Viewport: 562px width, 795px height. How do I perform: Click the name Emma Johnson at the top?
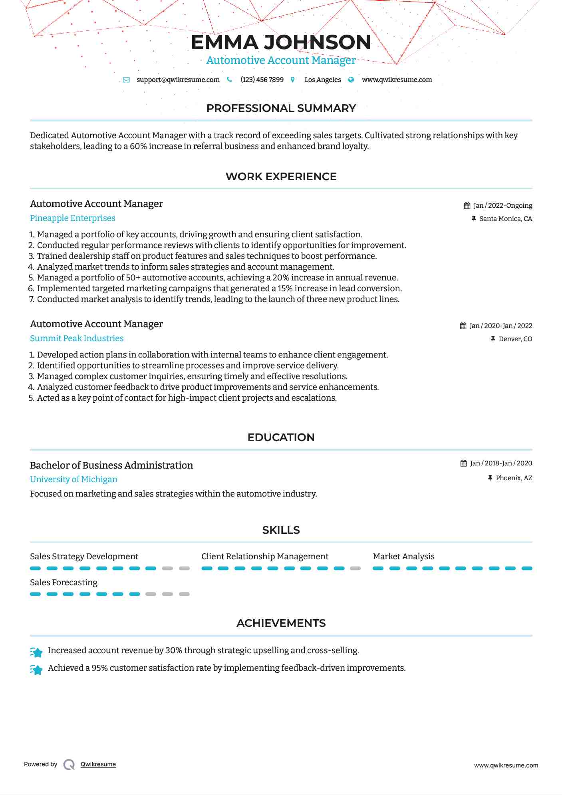281,42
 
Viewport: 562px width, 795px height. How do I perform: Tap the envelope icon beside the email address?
126,79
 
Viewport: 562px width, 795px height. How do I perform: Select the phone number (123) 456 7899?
262,79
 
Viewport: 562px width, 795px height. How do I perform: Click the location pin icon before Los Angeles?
293,79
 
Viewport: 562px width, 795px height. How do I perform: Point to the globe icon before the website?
351,79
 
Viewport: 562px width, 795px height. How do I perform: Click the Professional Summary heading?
281,108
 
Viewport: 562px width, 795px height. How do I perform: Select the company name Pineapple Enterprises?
73,218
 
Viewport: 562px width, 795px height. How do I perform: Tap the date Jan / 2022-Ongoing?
502,206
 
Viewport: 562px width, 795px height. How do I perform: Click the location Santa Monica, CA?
505,219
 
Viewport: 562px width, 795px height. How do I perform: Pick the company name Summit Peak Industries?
77,338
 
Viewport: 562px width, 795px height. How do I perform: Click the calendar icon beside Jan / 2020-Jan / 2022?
463,326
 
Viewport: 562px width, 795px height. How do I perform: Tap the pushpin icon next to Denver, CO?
493,339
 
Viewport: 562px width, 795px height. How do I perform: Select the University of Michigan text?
73,479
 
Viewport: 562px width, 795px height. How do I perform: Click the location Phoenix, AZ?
514,478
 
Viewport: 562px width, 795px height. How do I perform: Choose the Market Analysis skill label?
403,556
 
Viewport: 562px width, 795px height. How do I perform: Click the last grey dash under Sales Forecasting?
184,594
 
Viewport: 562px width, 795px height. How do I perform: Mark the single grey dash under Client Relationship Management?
355,568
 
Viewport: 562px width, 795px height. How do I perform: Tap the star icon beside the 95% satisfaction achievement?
36,670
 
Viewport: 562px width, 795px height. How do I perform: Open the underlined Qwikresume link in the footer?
98,764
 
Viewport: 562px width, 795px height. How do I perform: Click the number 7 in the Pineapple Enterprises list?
32,300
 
